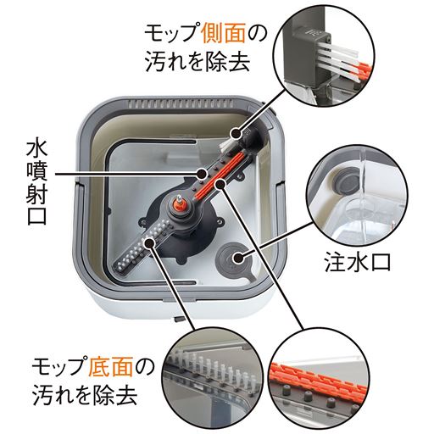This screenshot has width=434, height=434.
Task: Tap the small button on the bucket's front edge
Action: (x=177, y=320)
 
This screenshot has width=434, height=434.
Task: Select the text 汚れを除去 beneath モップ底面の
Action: (x=84, y=394)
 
